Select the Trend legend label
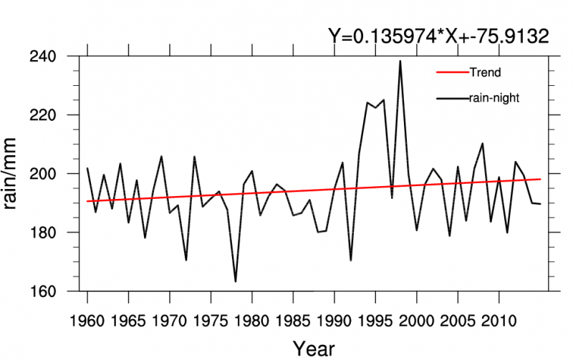click(x=484, y=72)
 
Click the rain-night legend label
click(x=493, y=98)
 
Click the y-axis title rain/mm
click(x=16, y=174)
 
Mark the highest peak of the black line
click(x=400, y=61)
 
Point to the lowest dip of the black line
click(x=236, y=281)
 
